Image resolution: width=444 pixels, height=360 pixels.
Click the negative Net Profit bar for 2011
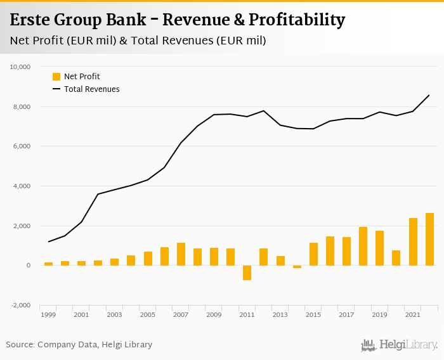tap(247, 273)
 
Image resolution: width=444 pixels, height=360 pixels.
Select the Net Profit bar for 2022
tap(429, 239)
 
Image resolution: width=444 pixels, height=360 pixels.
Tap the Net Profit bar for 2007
tap(181, 254)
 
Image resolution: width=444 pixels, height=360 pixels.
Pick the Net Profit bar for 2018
tap(363, 246)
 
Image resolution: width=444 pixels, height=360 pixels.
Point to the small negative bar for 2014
tap(297, 267)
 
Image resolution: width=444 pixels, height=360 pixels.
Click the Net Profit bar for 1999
tap(48, 264)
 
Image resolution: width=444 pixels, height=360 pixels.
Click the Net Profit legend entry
tap(76, 77)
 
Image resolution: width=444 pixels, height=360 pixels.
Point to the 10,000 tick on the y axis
tap(21, 67)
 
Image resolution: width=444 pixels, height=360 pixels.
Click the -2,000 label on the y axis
tap(21, 305)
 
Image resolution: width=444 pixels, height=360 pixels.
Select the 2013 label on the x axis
tap(280, 315)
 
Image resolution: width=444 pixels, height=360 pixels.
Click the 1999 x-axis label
tap(48, 315)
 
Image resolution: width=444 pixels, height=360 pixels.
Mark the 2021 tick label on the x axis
tap(412, 315)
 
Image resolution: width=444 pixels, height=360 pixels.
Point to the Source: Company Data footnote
tap(79, 345)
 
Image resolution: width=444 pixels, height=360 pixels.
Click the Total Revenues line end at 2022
tap(429, 95)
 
